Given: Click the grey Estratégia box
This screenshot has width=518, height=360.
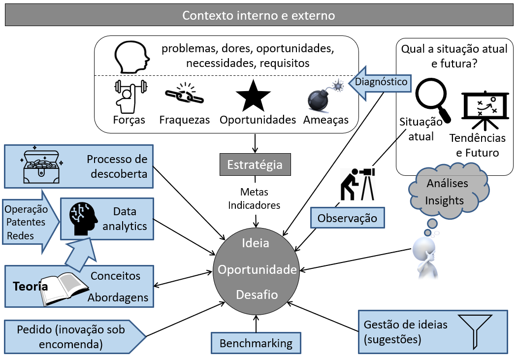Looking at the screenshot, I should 255,164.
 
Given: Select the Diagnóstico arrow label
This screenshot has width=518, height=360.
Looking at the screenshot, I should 381,82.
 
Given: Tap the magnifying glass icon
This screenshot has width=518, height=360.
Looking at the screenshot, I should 432,101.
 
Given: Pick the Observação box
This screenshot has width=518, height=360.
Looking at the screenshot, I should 347,218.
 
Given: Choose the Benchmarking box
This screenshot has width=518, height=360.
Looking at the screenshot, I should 256,343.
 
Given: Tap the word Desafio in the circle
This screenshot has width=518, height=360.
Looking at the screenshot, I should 257,295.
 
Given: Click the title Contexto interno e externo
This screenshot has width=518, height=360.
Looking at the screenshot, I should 259,15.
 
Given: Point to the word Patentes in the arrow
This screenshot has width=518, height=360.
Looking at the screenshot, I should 25,222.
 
